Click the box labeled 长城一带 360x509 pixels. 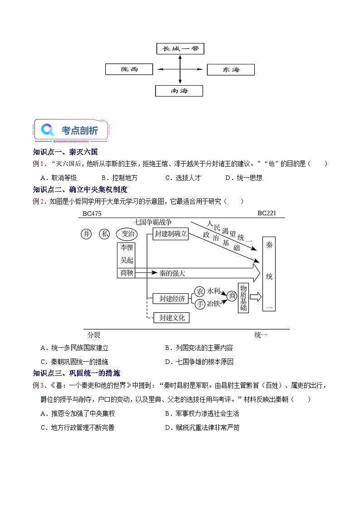click(180, 48)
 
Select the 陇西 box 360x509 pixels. click(129, 69)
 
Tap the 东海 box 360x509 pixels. click(231, 70)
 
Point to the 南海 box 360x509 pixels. click(179, 91)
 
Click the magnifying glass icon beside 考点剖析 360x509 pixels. click(48, 130)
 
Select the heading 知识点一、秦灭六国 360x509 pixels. click(65, 152)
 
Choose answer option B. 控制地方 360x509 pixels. click(119, 178)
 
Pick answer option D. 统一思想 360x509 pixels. click(244, 178)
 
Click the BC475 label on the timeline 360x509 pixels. click(92, 213)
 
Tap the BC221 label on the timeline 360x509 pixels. click(267, 213)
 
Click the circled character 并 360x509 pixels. click(86, 234)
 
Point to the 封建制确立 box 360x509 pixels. click(171, 234)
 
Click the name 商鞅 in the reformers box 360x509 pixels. click(126, 273)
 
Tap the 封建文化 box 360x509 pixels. click(172, 318)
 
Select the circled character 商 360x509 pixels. click(232, 296)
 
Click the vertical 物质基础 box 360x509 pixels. click(243, 298)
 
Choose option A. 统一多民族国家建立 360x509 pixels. click(74, 348)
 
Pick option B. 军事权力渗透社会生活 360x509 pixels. click(202, 413)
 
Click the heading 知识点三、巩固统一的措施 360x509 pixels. click(77, 373)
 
